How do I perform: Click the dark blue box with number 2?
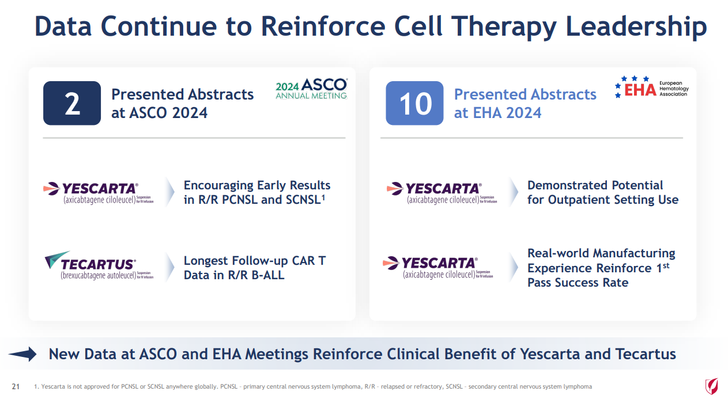click(x=72, y=103)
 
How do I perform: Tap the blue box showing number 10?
click(x=414, y=103)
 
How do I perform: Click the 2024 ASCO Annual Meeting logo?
click(x=311, y=88)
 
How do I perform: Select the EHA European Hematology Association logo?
click(x=651, y=88)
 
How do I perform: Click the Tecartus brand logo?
click(x=99, y=265)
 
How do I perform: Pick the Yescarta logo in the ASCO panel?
click(x=98, y=193)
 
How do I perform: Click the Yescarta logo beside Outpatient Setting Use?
click(x=442, y=193)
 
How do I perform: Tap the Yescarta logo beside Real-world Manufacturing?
click(x=437, y=267)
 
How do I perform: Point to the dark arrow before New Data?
click(x=22, y=354)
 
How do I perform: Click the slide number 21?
click(x=16, y=386)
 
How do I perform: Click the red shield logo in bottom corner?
click(x=711, y=386)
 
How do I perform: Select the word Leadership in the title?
click(x=636, y=28)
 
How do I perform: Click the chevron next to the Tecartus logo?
click(x=170, y=267)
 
